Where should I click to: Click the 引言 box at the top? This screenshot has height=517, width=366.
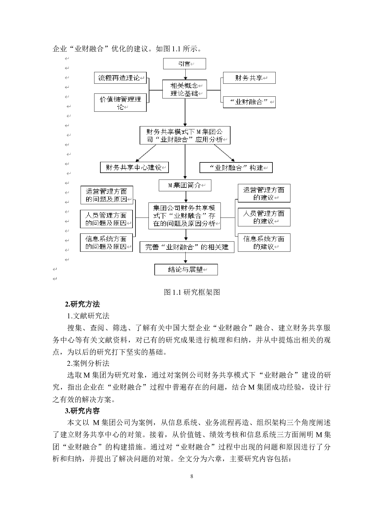pos(184,64)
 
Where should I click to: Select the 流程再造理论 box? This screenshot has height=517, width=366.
pos(120,78)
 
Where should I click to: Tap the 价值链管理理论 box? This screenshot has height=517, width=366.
pos(120,103)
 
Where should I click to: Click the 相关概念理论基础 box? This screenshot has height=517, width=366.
pos(184,89)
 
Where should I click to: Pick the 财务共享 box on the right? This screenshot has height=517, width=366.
pos(249,78)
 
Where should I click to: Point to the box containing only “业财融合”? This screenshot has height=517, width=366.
pos(249,102)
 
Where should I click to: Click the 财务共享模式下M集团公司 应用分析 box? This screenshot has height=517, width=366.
pos(185,135)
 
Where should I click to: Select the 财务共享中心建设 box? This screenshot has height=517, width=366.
pos(134,167)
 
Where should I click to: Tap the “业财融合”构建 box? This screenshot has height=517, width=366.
pos(236,168)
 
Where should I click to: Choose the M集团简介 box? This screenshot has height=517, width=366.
pos(185,185)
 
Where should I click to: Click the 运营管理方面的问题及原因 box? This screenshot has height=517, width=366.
pos(107,195)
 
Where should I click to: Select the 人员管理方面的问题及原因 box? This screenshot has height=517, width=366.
pos(106,219)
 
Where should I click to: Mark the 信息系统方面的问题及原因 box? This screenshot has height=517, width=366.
pos(106,243)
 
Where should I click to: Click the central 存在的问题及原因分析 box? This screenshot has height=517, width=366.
pos(184,216)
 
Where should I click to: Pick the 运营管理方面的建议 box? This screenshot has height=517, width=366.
pos(264,193)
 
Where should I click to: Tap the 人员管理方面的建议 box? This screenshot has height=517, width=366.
pos(264,217)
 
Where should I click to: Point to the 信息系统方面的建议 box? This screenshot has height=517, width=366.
pos(264,243)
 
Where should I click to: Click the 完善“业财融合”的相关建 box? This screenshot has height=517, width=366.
pos(187,247)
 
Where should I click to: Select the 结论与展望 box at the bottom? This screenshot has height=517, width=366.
pos(186,269)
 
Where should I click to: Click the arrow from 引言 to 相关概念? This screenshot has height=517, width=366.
pos(185,74)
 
